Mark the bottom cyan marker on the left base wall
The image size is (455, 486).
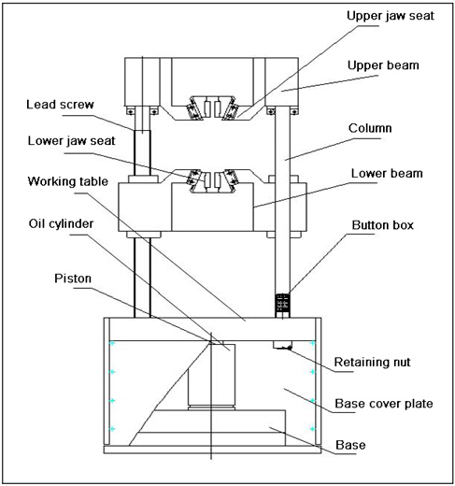(x=111, y=429)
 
